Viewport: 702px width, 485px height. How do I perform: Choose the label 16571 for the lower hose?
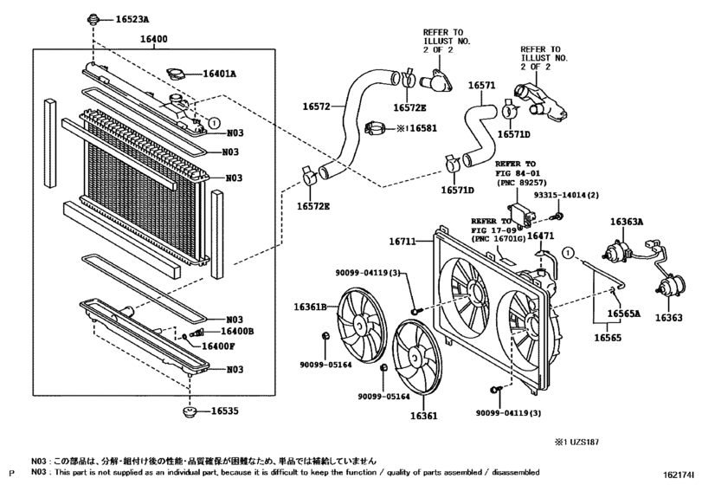(481, 86)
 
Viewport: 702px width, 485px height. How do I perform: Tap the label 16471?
(541, 236)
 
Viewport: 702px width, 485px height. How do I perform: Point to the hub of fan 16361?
(417, 361)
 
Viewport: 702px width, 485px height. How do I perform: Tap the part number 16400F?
(218, 346)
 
